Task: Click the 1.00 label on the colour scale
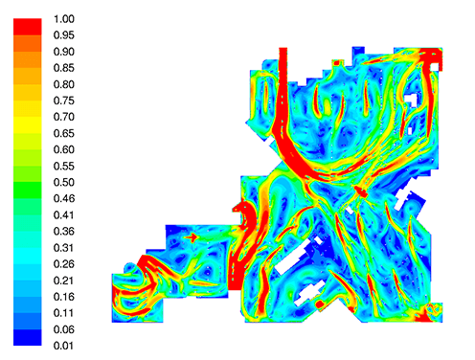tap(64, 19)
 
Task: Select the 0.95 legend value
tap(64, 35)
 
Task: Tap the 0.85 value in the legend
tap(64, 68)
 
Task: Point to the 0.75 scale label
tap(64, 101)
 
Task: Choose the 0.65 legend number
tap(64, 133)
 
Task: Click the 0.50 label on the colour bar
tap(64, 183)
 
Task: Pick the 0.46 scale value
tap(64, 199)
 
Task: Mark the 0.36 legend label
tap(64, 232)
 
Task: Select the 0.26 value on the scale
tap(64, 264)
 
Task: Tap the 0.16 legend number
tap(64, 297)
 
